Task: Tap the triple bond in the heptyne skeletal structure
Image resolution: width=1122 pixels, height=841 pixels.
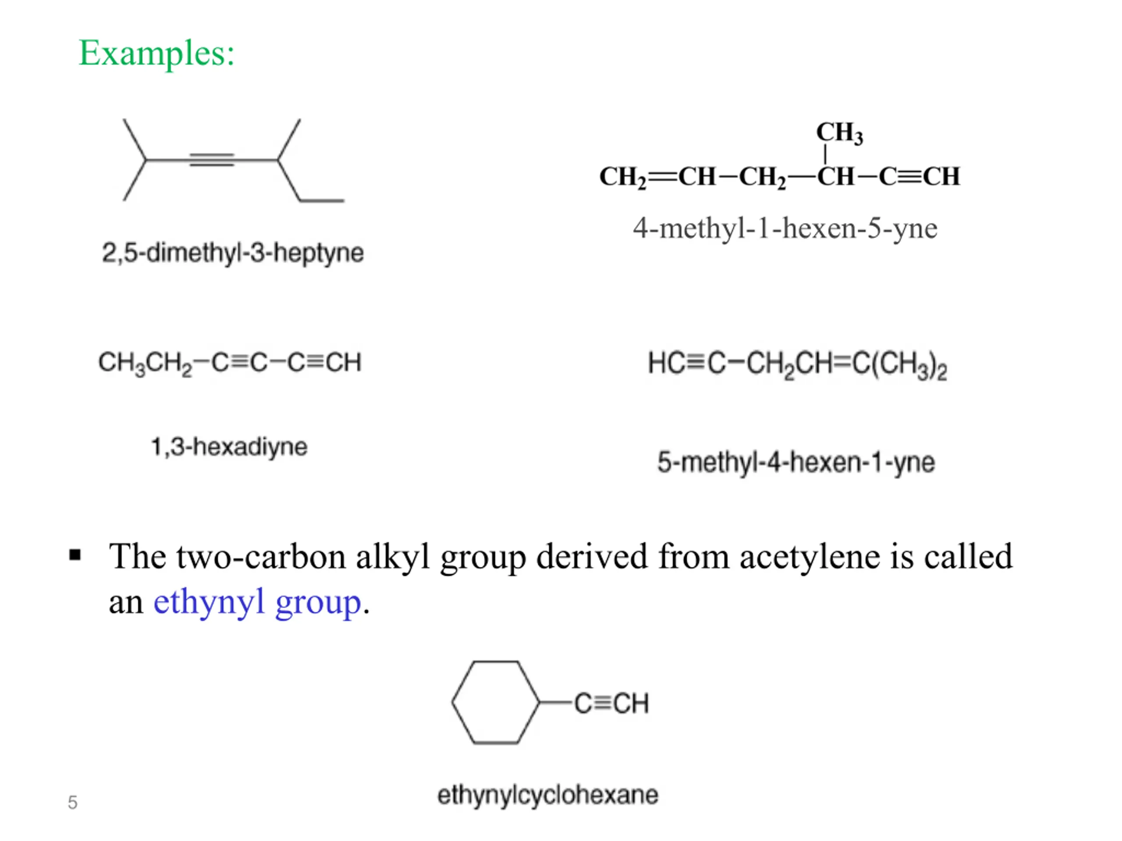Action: [212, 160]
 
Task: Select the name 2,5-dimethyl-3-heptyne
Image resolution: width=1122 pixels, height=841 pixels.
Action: [233, 252]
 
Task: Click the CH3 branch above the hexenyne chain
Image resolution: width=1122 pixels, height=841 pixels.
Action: [839, 133]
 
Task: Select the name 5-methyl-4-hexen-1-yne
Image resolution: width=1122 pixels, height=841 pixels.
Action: [796, 462]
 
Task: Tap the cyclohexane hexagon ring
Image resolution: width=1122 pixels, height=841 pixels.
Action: [496, 661]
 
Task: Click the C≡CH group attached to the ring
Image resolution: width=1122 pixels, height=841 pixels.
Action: [611, 703]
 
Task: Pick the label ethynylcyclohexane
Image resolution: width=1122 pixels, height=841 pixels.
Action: [548, 795]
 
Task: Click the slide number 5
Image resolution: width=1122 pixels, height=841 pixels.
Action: [72, 802]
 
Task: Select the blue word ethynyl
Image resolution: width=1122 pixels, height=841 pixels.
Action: [209, 602]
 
